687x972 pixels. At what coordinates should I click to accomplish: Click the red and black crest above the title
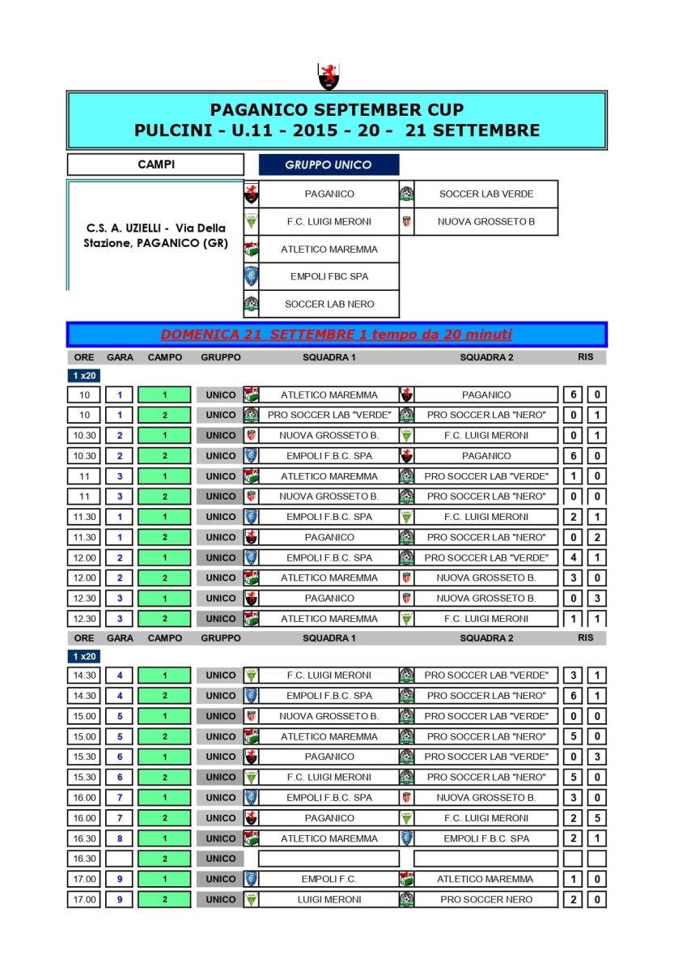point(328,76)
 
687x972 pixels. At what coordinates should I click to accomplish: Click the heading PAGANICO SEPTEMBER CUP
point(337,110)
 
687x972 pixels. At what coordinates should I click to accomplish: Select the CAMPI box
point(155,164)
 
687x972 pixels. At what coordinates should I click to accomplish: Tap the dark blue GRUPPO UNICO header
point(329,164)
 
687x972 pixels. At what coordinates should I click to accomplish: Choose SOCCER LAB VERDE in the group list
point(486,194)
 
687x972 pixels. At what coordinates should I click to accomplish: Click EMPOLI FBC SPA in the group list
point(329,276)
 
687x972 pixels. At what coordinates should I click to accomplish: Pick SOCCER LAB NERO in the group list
point(329,304)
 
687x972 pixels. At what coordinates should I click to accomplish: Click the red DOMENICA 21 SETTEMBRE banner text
point(336,335)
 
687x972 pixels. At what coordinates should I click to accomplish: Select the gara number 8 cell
point(119,838)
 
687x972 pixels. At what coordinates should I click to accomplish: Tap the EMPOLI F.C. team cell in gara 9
point(329,879)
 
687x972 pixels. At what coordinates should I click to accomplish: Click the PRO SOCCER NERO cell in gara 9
point(486,899)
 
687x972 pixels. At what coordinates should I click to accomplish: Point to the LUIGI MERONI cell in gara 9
point(329,899)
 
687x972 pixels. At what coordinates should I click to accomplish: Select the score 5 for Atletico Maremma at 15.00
point(573,736)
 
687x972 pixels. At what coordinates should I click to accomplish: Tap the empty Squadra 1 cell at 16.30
point(329,859)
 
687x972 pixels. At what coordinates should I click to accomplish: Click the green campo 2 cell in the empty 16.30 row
point(164,859)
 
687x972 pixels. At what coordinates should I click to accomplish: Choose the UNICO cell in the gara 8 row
point(220,838)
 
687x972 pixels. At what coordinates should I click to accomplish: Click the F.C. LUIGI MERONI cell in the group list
point(329,221)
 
